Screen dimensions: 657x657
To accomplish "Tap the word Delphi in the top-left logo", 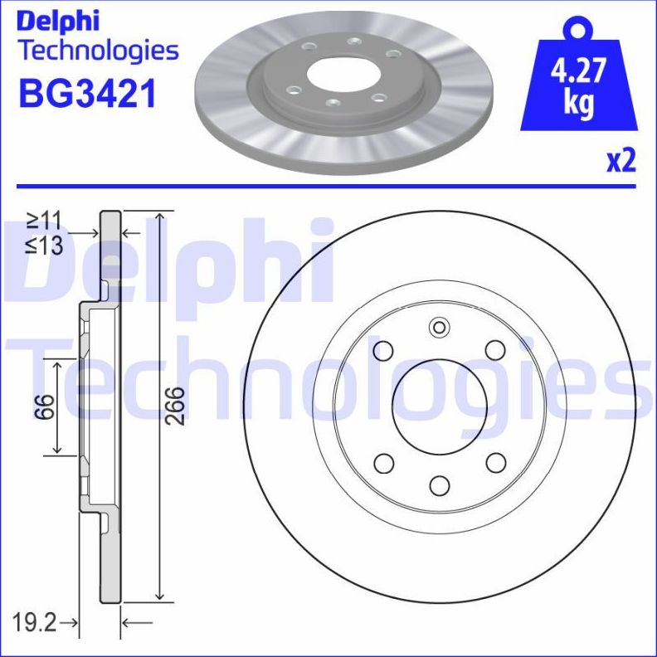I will coord(59,20).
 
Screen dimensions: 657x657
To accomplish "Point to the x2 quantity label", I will coord(620,161).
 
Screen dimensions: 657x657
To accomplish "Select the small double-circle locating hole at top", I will coord(438,328).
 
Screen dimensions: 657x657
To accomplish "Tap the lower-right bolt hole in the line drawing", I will coord(494,462).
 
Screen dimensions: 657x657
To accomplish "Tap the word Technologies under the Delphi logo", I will coord(98,51).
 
